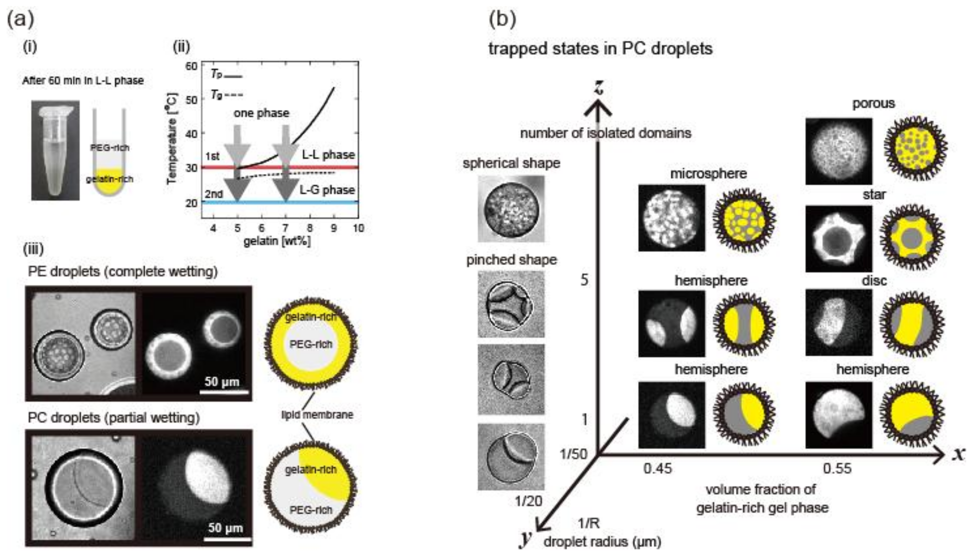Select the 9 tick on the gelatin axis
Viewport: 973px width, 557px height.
(x=334, y=228)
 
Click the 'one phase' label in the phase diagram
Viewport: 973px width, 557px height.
(x=262, y=113)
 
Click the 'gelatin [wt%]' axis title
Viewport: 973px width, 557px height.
(x=277, y=241)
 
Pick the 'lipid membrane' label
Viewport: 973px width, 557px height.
(x=317, y=415)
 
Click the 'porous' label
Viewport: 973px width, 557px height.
(x=874, y=104)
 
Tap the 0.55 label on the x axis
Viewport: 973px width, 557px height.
(x=837, y=469)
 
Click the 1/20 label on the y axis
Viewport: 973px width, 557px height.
(x=528, y=501)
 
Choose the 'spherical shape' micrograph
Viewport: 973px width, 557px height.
(x=511, y=209)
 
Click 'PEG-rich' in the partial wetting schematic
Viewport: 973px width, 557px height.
(x=311, y=510)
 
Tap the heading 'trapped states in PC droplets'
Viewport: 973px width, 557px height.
(x=600, y=49)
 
